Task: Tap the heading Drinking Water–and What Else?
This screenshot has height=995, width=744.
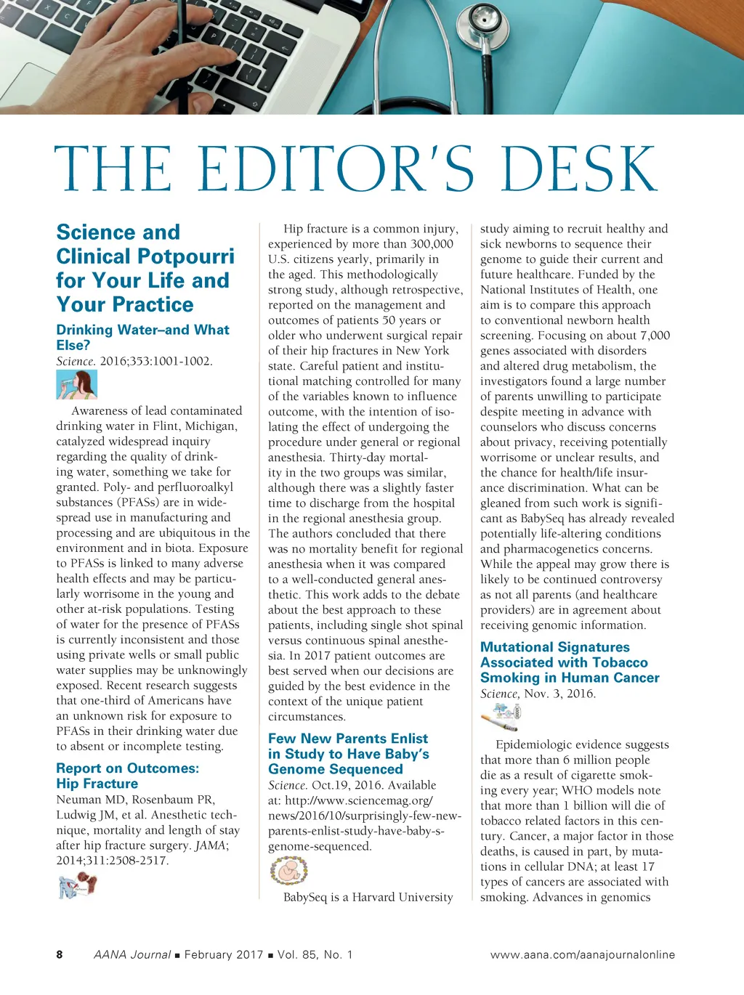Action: pos(142,337)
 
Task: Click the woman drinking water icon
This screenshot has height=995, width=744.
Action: pos(76,384)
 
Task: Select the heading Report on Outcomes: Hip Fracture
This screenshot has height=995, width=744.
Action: pos(127,776)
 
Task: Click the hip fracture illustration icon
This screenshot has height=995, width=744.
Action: pos(78,885)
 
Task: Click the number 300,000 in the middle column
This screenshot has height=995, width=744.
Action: pos(432,244)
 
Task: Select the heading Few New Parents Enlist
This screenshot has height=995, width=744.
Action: pos(348,739)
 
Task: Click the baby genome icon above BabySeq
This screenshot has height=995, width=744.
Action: pos(288,870)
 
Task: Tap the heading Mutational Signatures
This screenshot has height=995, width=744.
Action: pos(555,647)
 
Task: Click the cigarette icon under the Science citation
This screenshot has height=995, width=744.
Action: pos(501,718)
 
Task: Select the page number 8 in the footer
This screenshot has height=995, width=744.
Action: pos(60,954)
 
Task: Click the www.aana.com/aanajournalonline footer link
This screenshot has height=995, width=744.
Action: pos(582,954)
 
